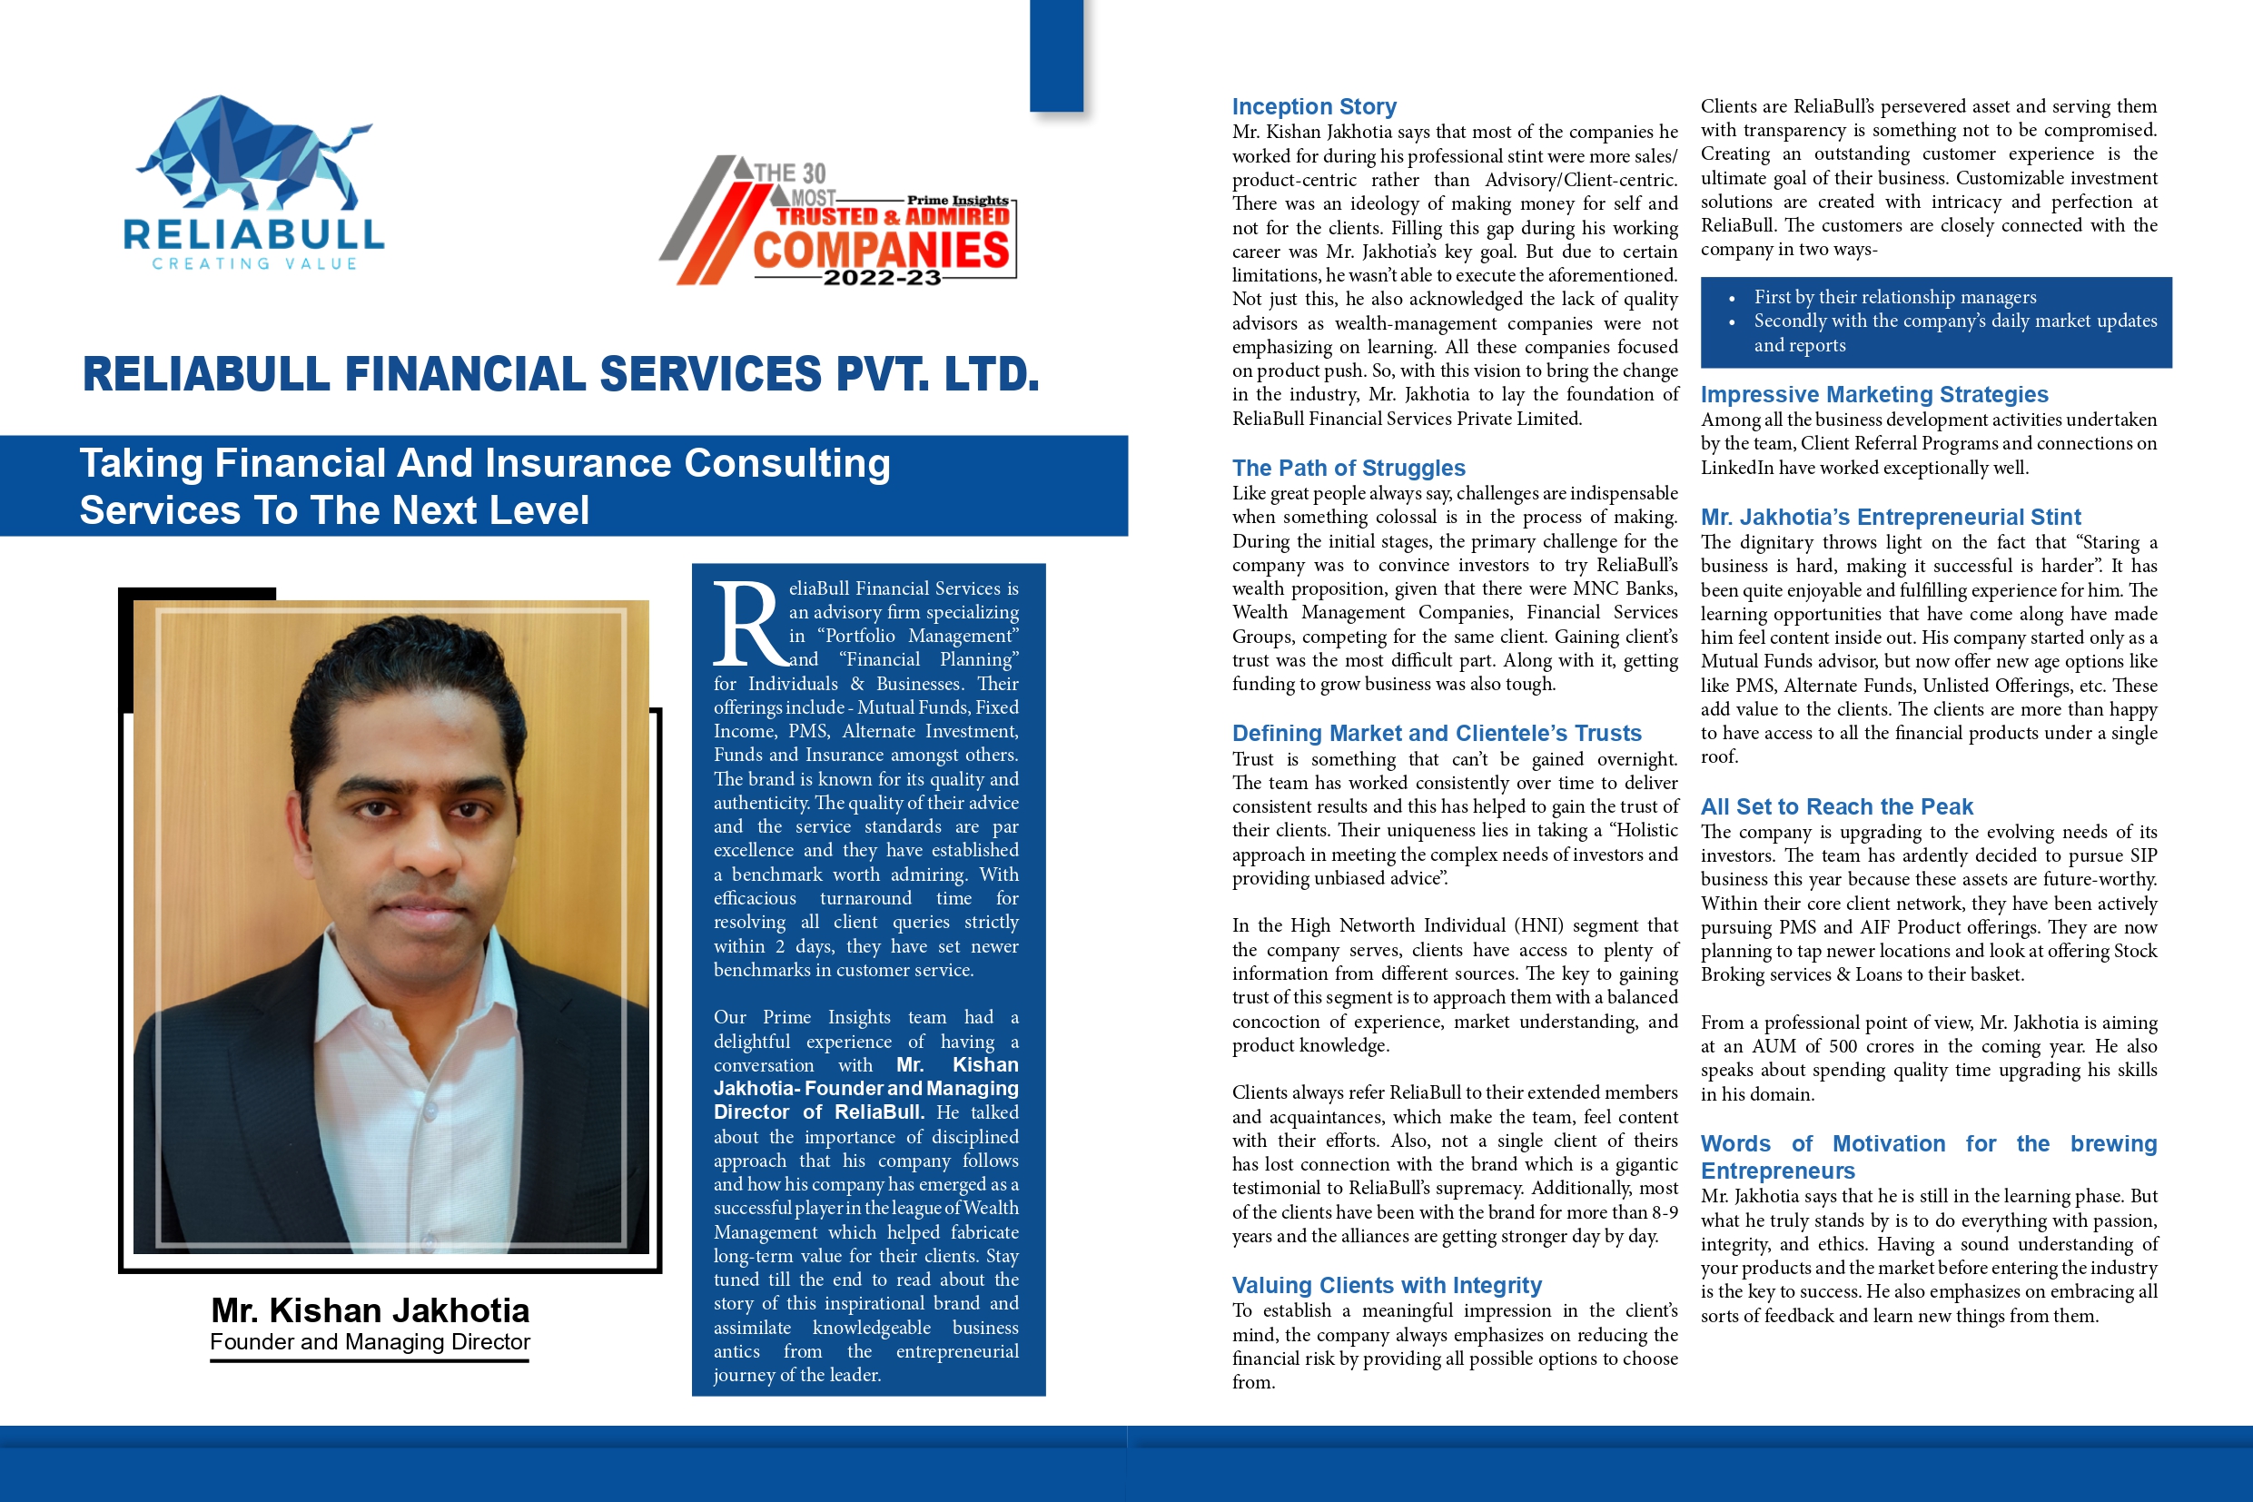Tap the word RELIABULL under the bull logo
pyautogui.click(x=254, y=234)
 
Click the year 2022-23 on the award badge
pyautogui.click(x=881, y=278)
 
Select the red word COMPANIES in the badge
pyautogui.click(x=881, y=250)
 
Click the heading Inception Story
pyautogui.click(x=1313, y=106)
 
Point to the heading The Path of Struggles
pyautogui.click(x=1348, y=468)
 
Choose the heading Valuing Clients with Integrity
pyautogui.click(x=1386, y=1285)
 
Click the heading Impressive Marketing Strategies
pyautogui.click(x=1873, y=394)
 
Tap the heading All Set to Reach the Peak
pyautogui.click(x=1836, y=806)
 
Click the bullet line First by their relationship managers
pyautogui.click(x=1893, y=297)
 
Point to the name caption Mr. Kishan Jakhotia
pyautogui.click(x=370, y=1309)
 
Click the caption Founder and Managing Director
pyautogui.click(x=370, y=1341)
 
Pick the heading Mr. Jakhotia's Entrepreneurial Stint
pyautogui.click(x=1890, y=518)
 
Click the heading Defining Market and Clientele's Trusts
pyautogui.click(x=1436, y=733)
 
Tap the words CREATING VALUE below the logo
pyautogui.click(x=254, y=263)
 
